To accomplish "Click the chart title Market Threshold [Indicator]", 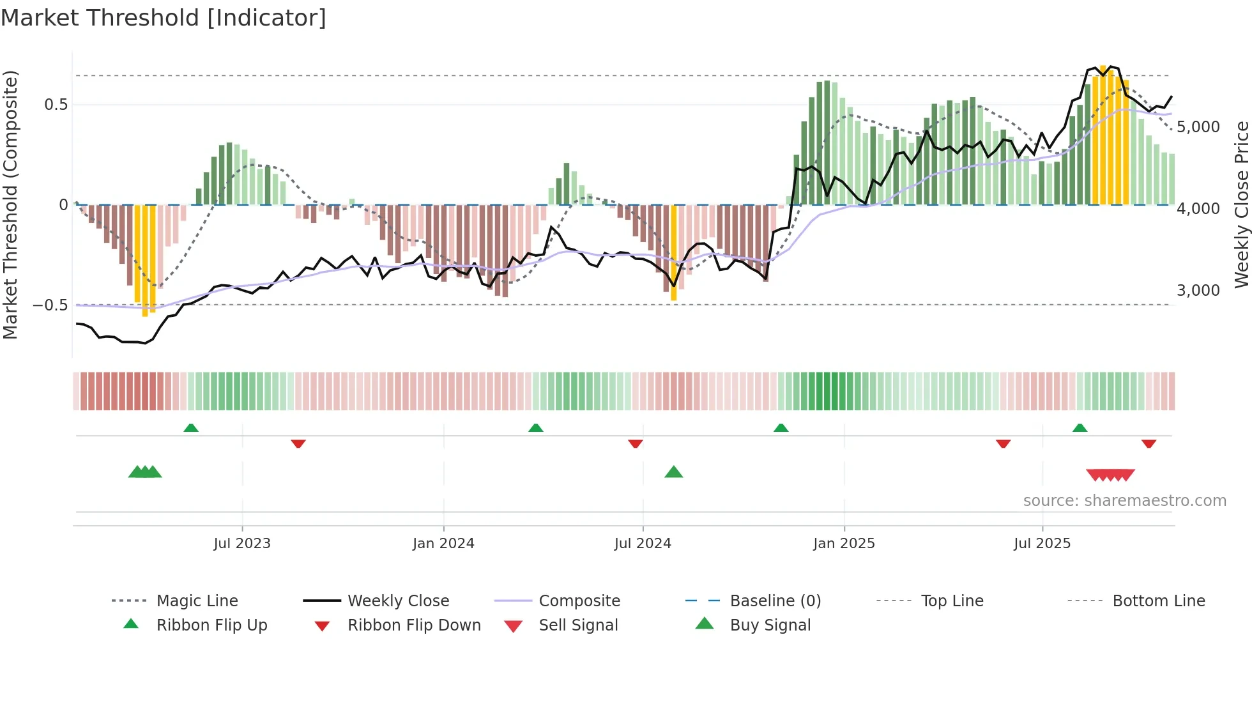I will click(x=164, y=18).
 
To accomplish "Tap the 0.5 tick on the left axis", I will click(x=56, y=104).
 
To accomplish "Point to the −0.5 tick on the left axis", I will click(x=50, y=305).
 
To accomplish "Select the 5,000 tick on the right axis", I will click(x=1198, y=126).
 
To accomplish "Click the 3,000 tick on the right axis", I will click(x=1198, y=290).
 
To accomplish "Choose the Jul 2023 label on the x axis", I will click(x=242, y=544).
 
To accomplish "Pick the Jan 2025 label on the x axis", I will click(x=844, y=544).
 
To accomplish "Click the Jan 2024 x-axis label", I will click(x=443, y=544).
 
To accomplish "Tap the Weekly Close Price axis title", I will click(x=1241, y=204).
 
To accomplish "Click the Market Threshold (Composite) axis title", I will click(x=10, y=204).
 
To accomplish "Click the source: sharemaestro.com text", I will click(x=1124, y=501).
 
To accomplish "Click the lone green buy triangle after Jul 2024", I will click(x=674, y=473).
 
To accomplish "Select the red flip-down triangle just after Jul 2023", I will click(x=298, y=443).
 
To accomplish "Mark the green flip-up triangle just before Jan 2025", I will click(x=781, y=428).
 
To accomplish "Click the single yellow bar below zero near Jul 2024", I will click(x=674, y=252).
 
